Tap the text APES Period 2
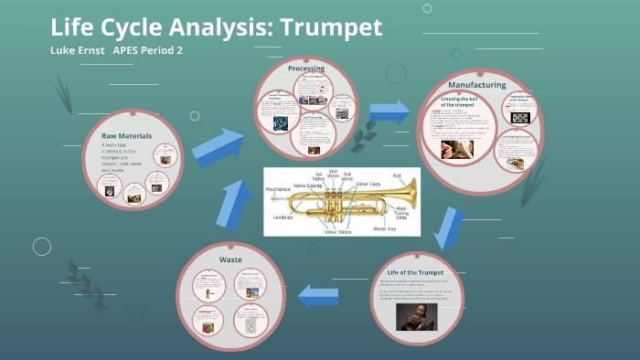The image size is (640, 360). [x=148, y=49]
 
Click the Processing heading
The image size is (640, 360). [x=305, y=69]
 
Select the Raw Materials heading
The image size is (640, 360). [x=126, y=136]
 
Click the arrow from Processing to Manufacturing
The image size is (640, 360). [x=389, y=111]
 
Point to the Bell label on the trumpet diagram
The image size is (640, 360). [x=397, y=175]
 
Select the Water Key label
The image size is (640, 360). [x=386, y=228]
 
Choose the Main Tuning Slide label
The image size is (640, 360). [x=400, y=213]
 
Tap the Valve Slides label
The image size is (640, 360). [x=337, y=231]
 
